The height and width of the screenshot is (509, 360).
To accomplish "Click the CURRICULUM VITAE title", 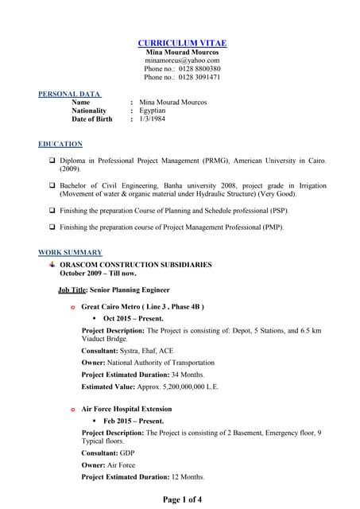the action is (182, 43).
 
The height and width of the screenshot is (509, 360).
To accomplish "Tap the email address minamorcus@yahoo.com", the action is (182, 60).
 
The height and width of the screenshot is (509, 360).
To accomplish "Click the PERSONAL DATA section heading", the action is (70, 94).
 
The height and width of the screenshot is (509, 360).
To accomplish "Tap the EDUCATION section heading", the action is (60, 144).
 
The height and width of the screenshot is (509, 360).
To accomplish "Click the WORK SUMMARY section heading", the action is (70, 253).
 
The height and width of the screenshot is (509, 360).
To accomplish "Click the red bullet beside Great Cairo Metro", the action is (73, 307).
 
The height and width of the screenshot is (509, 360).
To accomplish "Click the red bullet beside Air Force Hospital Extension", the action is (73, 410).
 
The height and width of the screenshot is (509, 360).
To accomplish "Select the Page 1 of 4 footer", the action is (182, 499).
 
